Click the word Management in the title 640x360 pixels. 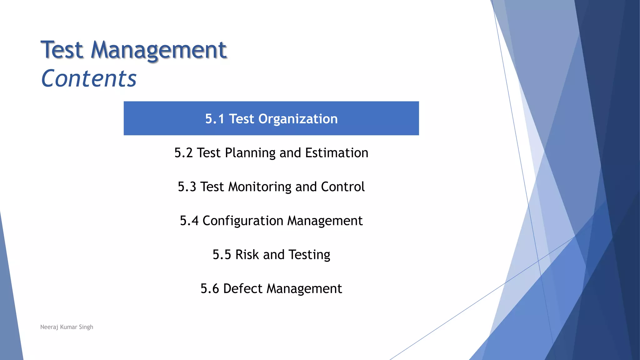point(158,50)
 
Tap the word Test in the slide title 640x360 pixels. point(62,50)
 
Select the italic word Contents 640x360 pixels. point(89,78)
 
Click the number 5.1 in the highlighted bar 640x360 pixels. point(215,119)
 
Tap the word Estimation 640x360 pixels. point(337,153)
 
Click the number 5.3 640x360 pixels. point(187,187)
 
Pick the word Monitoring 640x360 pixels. point(260,187)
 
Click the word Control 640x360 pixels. point(342,187)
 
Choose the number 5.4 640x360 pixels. point(189,221)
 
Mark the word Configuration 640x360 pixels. point(243,221)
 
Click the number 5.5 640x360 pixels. point(222,255)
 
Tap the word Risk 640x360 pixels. point(247,255)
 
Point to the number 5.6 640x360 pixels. point(210,288)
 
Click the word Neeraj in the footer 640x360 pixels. point(49,327)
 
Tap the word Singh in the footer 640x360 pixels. point(86,327)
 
